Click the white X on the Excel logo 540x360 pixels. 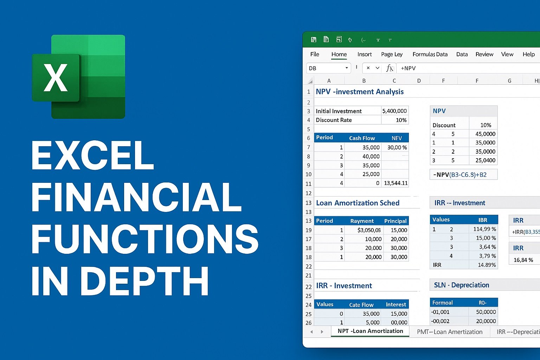(x=56, y=78)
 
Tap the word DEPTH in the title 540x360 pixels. (x=144, y=281)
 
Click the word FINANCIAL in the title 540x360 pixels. (x=136, y=197)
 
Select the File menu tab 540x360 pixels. (x=315, y=54)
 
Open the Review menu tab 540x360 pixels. (x=484, y=54)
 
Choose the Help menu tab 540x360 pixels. (x=529, y=54)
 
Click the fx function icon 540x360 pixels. (x=390, y=68)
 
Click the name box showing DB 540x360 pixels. (x=328, y=68)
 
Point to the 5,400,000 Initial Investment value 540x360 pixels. (x=395, y=111)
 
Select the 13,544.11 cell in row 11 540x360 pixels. (x=396, y=183)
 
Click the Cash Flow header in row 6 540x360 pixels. (x=362, y=138)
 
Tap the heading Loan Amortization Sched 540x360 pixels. (x=358, y=203)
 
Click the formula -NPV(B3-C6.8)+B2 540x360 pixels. (x=460, y=175)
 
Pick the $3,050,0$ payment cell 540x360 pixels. (x=369, y=230)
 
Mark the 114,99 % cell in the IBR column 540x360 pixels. (x=484, y=229)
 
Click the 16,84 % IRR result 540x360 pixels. (x=523, y=260)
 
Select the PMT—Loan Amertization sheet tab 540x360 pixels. (x=450, y=332)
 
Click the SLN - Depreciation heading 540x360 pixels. (x=461, y=285)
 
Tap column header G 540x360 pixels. (x=509, y=81)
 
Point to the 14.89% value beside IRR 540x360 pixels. (x=487, y=265)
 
